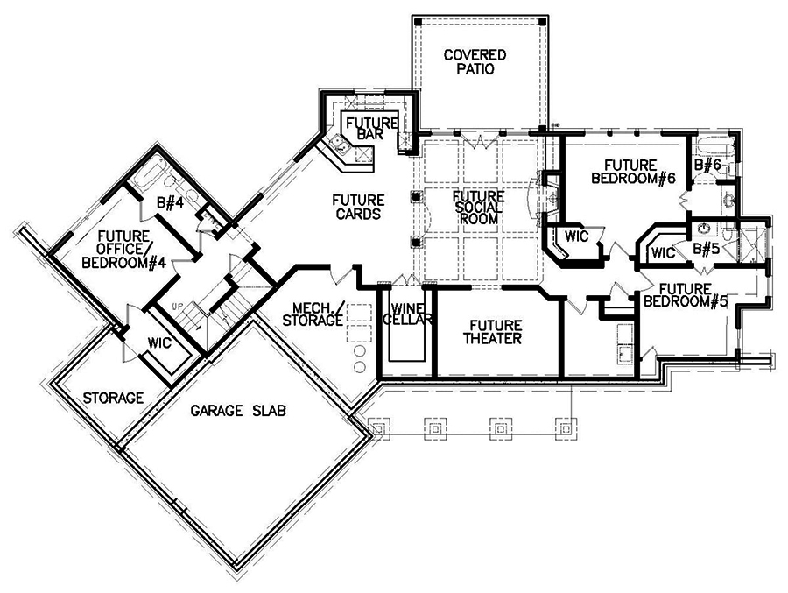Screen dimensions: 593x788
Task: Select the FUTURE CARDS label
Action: pyautogui.click(x=356, y=207)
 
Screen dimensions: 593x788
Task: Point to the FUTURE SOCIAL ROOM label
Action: pyautogui.click(x=478, y=208)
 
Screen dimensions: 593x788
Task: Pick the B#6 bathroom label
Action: pyautogui.click(x=707, y=164)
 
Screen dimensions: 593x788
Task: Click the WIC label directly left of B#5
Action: pyautogui.click(x=662, y=252)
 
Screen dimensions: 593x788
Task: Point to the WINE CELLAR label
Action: pyautogui.click(x=411, y=314)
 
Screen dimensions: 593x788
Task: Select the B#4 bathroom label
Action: pyautogui.click(x=168, y=204)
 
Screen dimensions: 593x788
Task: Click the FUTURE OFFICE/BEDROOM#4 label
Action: pyautogui.click(x=133, y=249)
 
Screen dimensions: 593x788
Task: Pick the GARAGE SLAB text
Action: pyautogui.click(x=239, y=409)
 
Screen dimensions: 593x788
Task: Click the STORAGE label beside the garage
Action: pyautogui.click(x=113, y=398)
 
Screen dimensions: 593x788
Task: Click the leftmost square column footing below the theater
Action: pyautogui.click(x=377, y=427)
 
